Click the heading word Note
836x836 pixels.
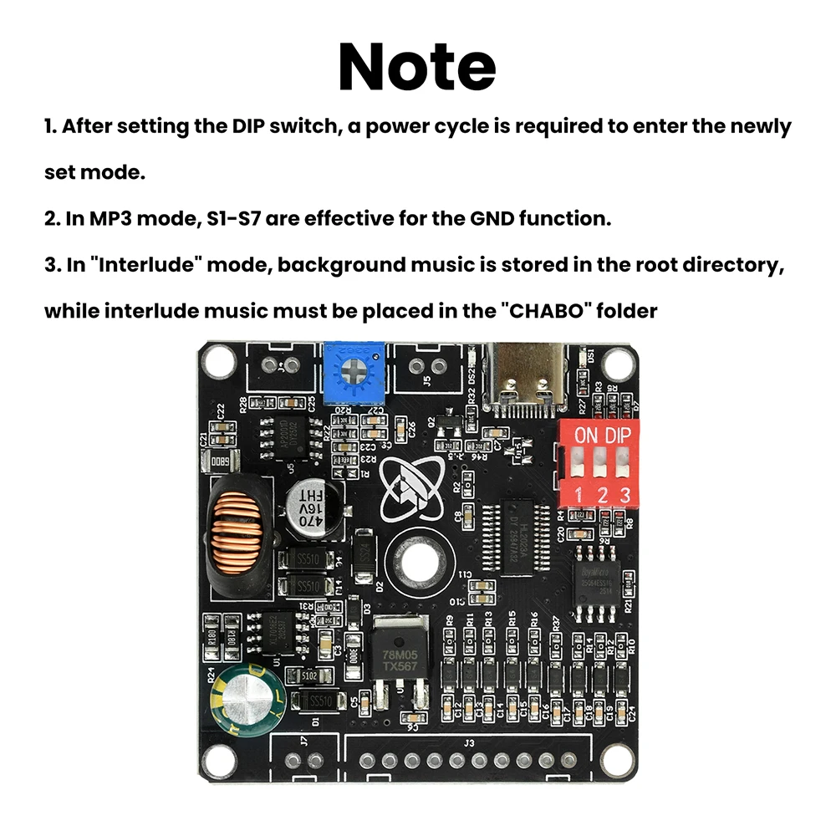[417, 66]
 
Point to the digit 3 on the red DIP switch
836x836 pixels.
[624, 493]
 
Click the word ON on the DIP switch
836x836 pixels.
[587, 435]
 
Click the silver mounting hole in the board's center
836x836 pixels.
[416, 564]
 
